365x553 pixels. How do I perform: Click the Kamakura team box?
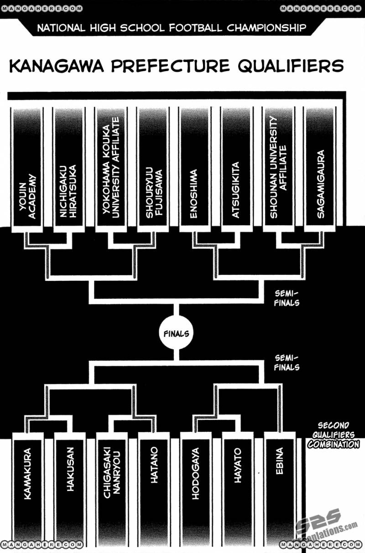pos(28,488)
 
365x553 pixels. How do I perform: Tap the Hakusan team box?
pos(69,488)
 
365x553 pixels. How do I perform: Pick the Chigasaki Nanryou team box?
pos(111,488)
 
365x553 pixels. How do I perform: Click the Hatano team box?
pos(153,488)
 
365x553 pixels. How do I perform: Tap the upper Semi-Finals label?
pos(287,298)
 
